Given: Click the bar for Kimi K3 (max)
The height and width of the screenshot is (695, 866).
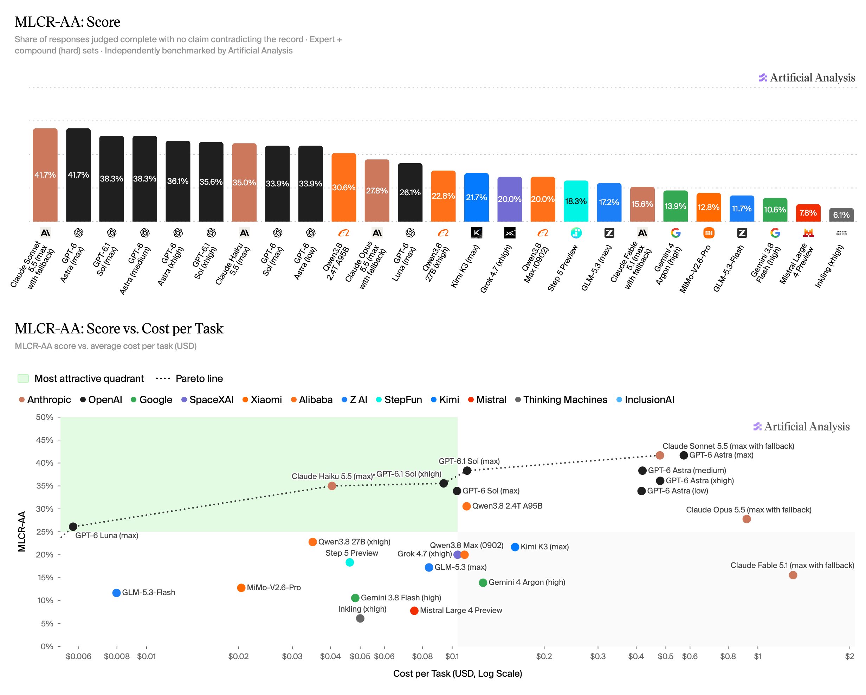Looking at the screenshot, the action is [x=476, y=197].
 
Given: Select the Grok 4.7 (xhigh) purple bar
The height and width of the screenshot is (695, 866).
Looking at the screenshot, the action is [x=509, y=199].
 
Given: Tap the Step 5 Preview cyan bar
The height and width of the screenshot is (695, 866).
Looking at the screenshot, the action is [x=576, y=201].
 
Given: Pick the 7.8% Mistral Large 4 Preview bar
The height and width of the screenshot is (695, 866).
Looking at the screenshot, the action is [x=808, y=213].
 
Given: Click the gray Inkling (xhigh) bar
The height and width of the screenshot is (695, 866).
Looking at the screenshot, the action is [x=841, y=215].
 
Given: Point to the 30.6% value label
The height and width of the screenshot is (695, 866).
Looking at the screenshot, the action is [x=343, y=187].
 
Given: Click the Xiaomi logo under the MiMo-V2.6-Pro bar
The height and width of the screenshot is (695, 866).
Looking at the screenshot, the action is [x=709, y=233].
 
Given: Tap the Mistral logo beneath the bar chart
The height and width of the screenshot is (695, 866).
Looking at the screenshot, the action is [x=808, y=233].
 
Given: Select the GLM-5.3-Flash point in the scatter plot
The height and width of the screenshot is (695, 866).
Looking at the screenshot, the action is [x=116, y=593].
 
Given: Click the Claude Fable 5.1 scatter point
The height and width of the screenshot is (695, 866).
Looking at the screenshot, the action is [x=793, y=575].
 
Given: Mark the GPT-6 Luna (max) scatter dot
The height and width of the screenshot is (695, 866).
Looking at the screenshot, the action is [x=73, y=527].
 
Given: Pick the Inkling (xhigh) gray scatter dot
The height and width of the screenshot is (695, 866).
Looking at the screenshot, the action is [x=360, y=618].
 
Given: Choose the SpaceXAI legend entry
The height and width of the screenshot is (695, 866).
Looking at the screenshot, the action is [x=207, y=400].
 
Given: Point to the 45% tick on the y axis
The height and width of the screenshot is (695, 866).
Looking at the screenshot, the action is [x=45, y=440].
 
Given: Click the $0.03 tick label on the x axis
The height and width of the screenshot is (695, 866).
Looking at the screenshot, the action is [x=292, y=656].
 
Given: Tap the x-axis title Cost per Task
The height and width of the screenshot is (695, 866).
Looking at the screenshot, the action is [x=458, y=673].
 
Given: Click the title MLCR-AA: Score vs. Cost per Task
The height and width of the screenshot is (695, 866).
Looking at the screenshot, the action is [x=119, y=329].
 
